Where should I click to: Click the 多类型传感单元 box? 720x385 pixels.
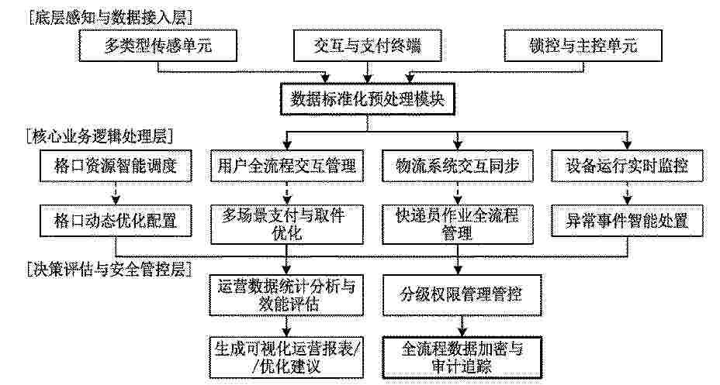pos(158,46)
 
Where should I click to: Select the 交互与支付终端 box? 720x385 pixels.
pos(367,46)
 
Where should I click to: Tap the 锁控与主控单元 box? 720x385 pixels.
pos(583,46)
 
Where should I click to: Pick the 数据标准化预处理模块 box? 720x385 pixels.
pos(367,99)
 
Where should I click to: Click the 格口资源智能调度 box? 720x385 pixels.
pos(116,166)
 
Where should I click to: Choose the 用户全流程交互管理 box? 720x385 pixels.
pos(287,166)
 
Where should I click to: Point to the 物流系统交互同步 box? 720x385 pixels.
pos(458,166)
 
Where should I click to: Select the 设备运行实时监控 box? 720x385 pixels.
pos(627,166)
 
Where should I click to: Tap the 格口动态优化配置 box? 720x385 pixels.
pos(116,221)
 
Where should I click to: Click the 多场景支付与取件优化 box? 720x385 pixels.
pos(287,225)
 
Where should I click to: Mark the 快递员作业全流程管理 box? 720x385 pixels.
pos(458,225)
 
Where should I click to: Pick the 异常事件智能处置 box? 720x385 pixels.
pos(627,221)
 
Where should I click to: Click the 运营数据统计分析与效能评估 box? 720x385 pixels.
pos(286,295)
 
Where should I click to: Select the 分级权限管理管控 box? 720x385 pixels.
pos(462,295)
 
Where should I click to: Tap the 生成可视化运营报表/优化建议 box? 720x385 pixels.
pos(286,358)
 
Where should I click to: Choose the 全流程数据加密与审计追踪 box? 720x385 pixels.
pos(462,358)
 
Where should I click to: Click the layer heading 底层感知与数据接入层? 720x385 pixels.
pos(110,18)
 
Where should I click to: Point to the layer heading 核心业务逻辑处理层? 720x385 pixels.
pos(100,136)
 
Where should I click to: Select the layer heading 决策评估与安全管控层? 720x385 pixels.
pos(109,270)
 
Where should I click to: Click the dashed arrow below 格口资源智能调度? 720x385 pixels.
pos(116,193)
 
